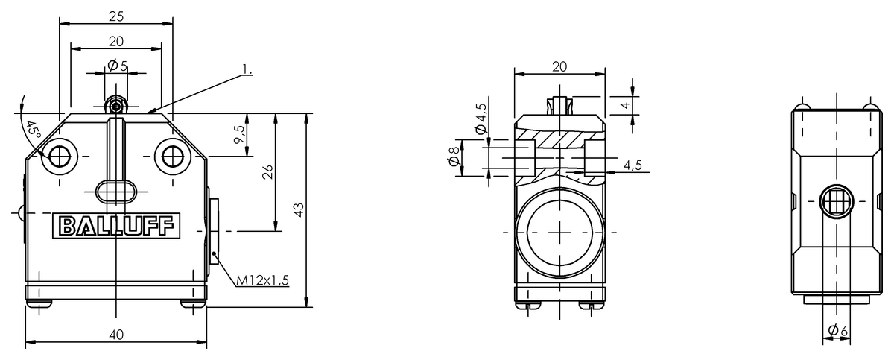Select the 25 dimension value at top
point(115,15)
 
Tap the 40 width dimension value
point(115,335)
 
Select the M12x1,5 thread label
point(261,280)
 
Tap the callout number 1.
point(247,70)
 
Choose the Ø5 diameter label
point(117,66)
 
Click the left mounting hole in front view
point(59,156)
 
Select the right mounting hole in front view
point(172,156)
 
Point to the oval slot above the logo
point(115,191)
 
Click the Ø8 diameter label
point(452,160)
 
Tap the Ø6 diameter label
point(837,330)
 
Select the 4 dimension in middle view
point(625,105)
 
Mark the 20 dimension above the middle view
point(559,66)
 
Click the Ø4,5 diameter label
point(481,118)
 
